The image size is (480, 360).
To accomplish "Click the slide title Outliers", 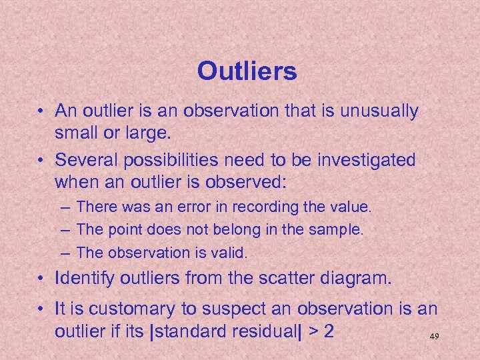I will coord(247,71).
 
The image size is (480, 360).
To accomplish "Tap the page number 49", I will coord(434,337).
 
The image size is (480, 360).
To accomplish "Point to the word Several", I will coord(85,160).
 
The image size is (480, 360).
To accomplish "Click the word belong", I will coord(238,230).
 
